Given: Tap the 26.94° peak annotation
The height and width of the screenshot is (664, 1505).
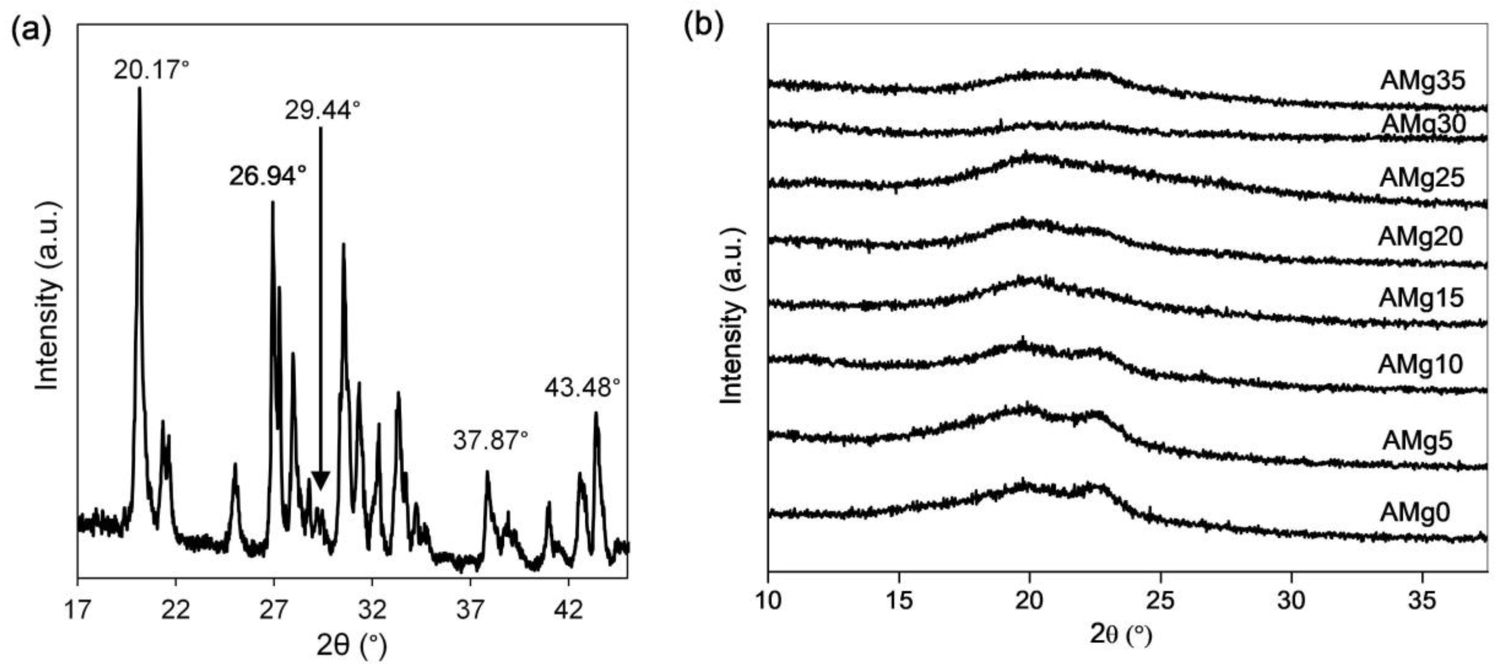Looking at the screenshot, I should tap(268, 175).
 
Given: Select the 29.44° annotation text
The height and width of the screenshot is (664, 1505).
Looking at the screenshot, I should tap(322, 110).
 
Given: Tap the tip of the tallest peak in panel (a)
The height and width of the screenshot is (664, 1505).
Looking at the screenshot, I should tap(139, 89).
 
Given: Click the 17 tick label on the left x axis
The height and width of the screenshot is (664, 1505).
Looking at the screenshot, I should tap(78, 610).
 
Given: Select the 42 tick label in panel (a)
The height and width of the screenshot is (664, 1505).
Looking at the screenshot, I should tap(568, 610).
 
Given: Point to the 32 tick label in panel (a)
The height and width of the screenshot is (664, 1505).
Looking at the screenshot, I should tap(372, 610).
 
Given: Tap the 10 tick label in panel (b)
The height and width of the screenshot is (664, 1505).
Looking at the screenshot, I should tap(768, 600).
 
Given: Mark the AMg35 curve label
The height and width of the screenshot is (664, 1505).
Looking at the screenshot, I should tap(1422, 81).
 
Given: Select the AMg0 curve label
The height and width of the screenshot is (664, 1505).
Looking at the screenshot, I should tap(1414, 513).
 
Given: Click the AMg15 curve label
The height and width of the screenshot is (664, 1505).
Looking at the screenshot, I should tap(1421, 298).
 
